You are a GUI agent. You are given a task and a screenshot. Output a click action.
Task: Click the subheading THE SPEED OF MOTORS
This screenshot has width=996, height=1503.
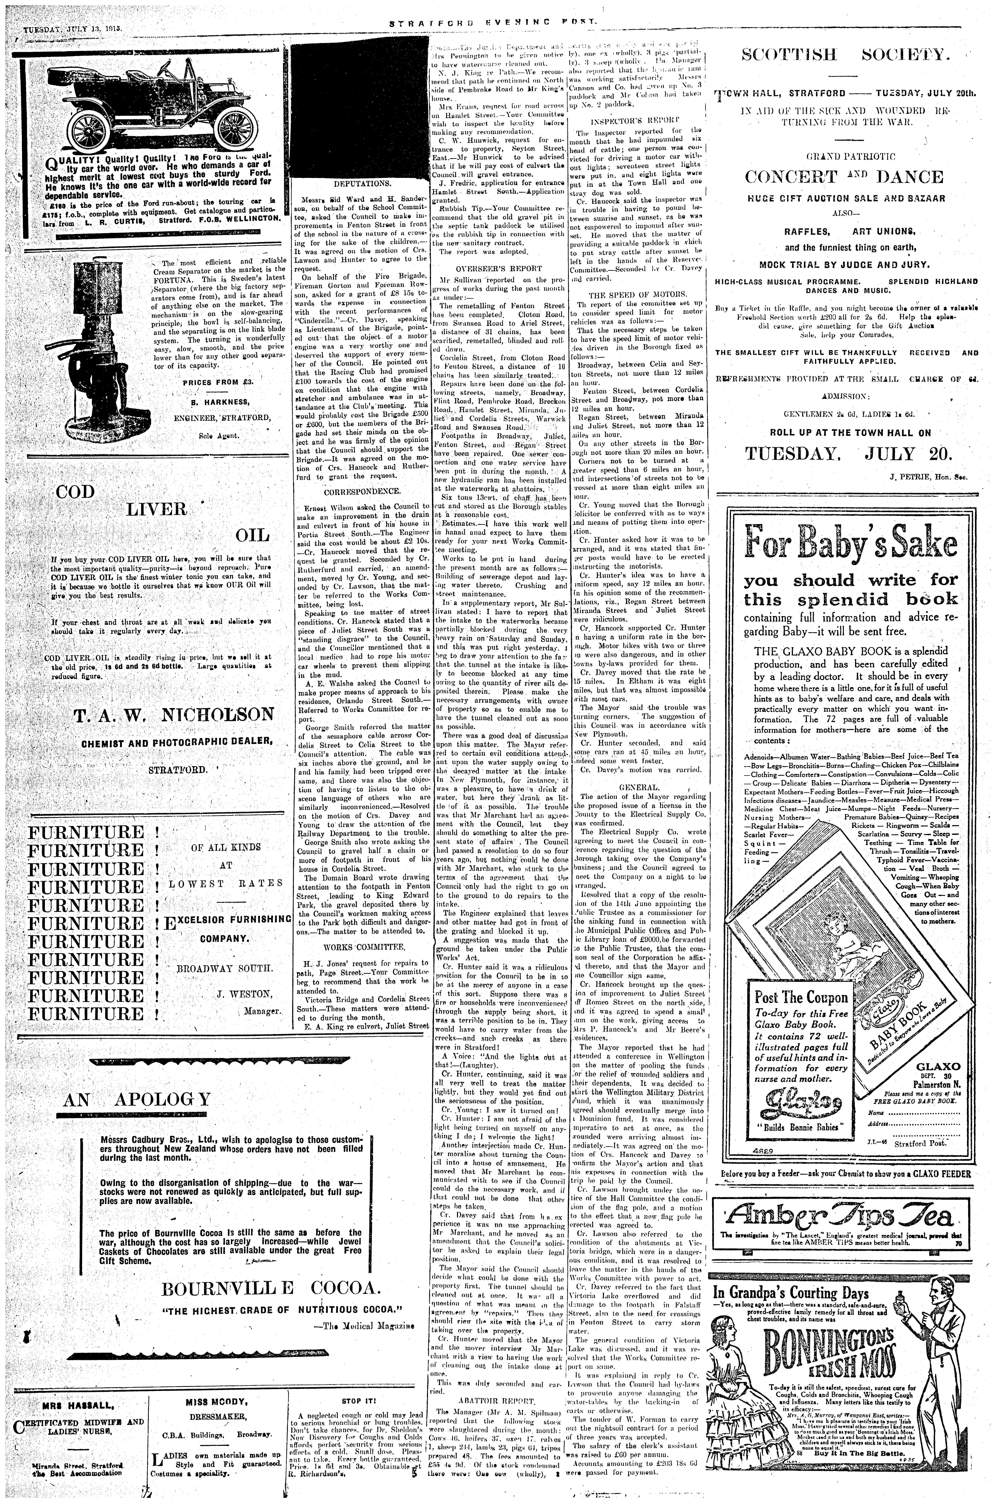click(x=637, y=295)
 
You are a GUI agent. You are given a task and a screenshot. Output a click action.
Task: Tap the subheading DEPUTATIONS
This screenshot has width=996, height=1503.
click(x=358, y=182)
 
